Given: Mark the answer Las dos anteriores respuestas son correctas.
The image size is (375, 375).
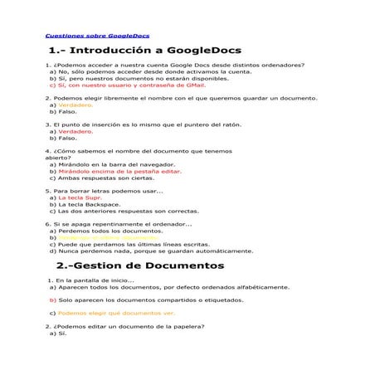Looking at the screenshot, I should pos(129,212).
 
